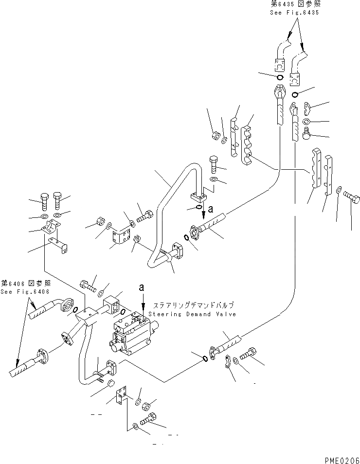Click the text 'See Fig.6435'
(294, 13)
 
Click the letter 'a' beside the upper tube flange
(210, 209)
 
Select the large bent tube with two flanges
(178, 209)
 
